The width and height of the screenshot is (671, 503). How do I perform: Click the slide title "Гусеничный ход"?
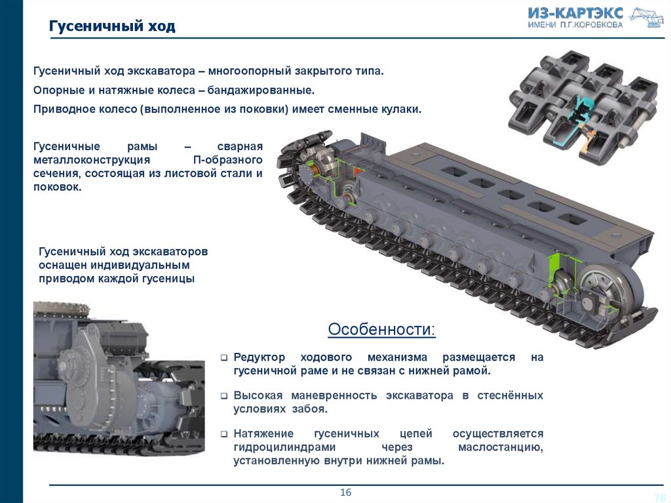112,26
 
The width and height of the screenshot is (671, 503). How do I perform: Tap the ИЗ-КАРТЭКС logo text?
575,13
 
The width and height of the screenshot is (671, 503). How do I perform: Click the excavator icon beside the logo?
645,17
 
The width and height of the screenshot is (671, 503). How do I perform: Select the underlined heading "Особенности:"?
381,329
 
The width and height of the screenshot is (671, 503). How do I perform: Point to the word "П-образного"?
227,160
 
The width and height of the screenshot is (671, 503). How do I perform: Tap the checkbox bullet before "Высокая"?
224,396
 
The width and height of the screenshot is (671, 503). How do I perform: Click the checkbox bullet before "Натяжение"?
224,434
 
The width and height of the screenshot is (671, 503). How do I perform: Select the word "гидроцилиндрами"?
284,447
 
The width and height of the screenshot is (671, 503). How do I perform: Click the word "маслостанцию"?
500,447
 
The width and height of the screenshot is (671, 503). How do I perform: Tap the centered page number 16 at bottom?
346,493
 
